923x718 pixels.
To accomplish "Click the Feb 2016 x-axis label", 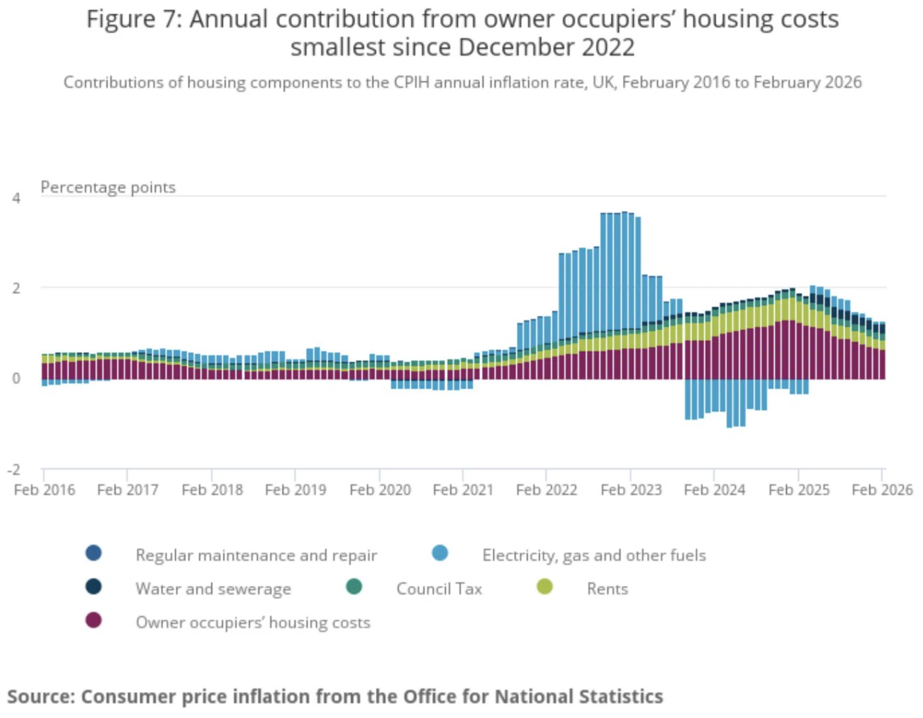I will pyautogui.click(x=44, y=490).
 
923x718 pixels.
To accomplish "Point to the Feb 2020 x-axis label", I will pyautogui.click(x=380, y=490).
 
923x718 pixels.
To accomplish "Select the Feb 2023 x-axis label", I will pyautogui.click(x=631, y=490).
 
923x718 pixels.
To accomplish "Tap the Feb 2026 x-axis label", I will pyautogui.click(x=882, y=490).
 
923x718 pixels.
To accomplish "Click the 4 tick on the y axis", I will pyautogui.click(x=16, y=198).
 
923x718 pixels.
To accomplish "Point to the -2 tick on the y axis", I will pyautogui.click(x=14, y=469).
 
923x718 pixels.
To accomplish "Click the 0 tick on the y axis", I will pyautogui.click(x=16, y=378).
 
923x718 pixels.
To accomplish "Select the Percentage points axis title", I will pyautogui.click(x=108, y=187).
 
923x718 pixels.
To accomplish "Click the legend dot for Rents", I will pyautogui.click(x=544, y=587).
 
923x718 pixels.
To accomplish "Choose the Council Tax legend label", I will pyautogui.click(x=439, y=588).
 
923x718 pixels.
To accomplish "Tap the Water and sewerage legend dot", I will pyautogui.click(x=93, y=587).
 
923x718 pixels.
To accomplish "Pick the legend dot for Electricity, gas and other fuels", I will pyautogui.click(x=440, y=553).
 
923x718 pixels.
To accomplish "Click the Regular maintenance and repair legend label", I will pyautogui.click(x=256, y=555).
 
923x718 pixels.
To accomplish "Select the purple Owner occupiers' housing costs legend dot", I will pyautogui.click(x=93, y=620).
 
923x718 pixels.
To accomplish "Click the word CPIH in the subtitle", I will pyautogui.click(x=412, y=82).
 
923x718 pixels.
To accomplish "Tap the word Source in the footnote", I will pyautogui.click(x=40, y=696).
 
